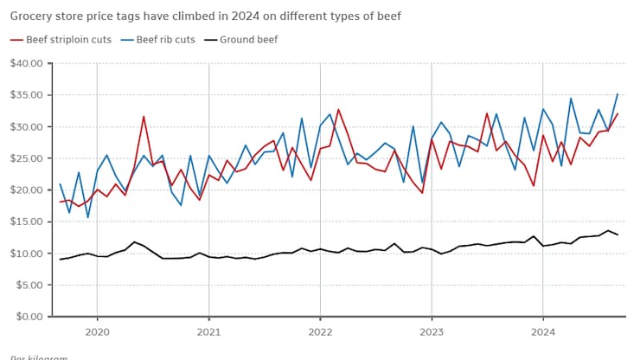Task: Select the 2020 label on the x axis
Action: [x=97, y=331]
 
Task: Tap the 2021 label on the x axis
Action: [x=208, y=331]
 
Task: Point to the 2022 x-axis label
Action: [x=320, y=331]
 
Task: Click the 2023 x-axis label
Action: [x=432, y=331]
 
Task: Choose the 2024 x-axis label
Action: [x=543, y=331]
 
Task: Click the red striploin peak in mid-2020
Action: [x=144, y=116]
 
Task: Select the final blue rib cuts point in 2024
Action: [x=618, y=93]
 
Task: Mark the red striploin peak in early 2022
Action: [x=338, y=109]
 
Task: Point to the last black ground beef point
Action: [x=618, y=235]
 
